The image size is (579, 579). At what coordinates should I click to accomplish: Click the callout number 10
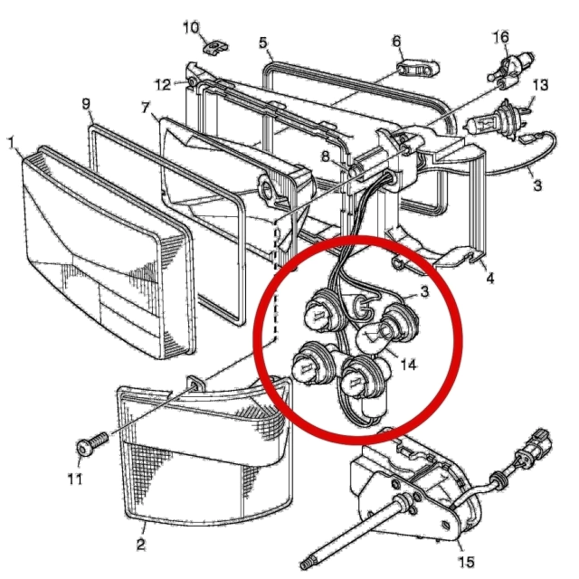(x=191, y=28)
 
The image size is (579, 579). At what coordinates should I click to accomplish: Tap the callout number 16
(x=501, y=37)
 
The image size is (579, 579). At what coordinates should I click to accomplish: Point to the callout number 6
(x=396, y=42)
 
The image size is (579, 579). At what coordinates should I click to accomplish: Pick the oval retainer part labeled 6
(x=418, y=69)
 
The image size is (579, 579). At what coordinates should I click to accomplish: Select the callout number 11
(x=75, y=479)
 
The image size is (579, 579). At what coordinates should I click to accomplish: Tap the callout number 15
(x=466, y=562)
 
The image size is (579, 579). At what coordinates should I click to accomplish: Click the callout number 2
(x=140, y=545)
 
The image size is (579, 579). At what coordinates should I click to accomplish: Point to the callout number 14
(x=408, y=365)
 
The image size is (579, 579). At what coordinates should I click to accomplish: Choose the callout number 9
(x=86, y=104)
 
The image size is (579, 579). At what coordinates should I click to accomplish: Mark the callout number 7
(x=146, y=108)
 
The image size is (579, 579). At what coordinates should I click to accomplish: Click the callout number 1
(x=12, y=143)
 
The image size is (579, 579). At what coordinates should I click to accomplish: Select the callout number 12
(x=163, y=85)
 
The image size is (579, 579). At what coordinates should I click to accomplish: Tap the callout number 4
(x=490, y=278)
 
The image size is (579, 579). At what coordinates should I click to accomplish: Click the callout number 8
(x=325, y=157)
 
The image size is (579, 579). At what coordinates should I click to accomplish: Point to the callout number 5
(x=262, y=43)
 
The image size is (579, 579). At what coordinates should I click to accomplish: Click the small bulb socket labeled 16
(x=511, y=68)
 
